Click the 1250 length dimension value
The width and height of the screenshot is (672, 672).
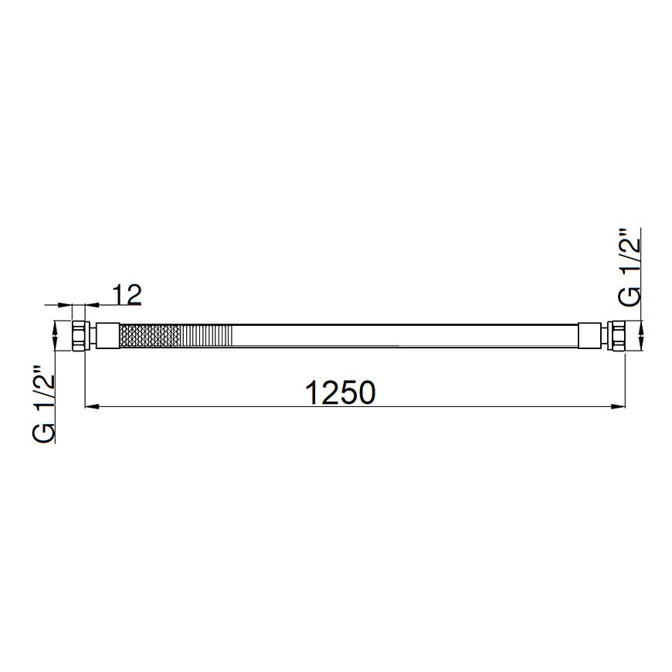[341, 392]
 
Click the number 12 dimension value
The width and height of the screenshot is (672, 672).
[127, 295]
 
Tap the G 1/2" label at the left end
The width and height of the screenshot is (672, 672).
[43, 403]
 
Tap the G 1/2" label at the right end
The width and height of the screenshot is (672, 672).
[629, 266]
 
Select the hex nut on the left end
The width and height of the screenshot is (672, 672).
[80, 336]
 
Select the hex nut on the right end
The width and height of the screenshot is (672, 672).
[617, 336]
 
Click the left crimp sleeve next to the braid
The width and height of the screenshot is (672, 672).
[107, 335]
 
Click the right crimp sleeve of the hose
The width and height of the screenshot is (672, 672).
[589, 335]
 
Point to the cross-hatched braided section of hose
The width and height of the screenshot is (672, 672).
[150, 335]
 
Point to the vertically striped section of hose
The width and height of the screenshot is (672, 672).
[207, 335]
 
